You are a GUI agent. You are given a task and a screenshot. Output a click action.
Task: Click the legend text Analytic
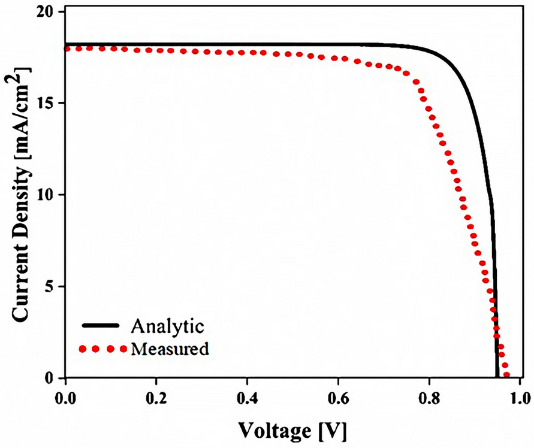pos(168,326)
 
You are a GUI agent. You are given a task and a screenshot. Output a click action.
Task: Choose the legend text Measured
pos(169,348)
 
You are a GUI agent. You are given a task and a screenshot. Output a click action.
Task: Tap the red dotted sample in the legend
pos(102,348)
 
